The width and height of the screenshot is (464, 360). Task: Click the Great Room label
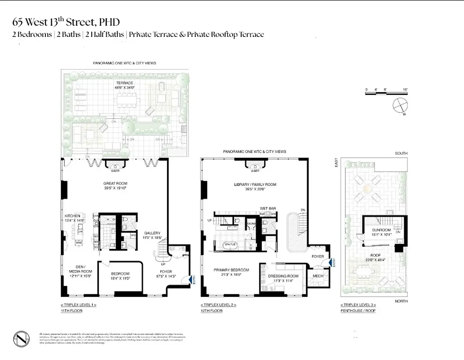(x=115, y=183)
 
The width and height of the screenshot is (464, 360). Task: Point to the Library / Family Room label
(x=255, y=184)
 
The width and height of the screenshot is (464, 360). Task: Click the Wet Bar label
(x=266, y=208)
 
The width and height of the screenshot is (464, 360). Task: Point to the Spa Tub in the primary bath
(x=230, y=244)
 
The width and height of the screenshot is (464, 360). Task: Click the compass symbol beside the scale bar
(x=400, y=106)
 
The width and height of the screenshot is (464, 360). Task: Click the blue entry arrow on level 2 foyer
(x=332, y=262)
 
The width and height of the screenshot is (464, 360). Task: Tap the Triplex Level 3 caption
(x=358, y=305)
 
